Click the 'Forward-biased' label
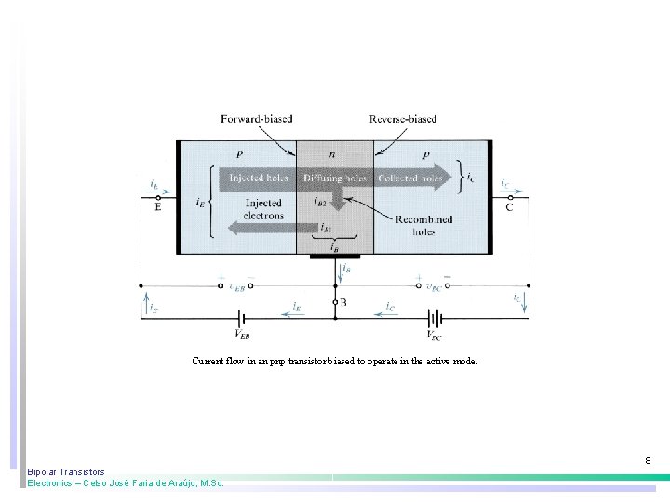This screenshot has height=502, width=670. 256,119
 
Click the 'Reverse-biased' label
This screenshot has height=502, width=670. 403,119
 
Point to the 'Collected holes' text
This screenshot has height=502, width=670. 409,177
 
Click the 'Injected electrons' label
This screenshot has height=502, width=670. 264,209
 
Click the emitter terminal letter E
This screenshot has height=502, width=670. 157,207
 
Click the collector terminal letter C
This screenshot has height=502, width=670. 508,207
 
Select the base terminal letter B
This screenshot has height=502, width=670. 343,302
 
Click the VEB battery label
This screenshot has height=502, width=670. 241,334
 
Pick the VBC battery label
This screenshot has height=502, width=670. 435,334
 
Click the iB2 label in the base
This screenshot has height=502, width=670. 321,200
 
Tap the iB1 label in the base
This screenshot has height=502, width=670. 325,226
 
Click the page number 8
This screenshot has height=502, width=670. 648,461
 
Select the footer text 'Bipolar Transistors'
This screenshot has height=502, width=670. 66,472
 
